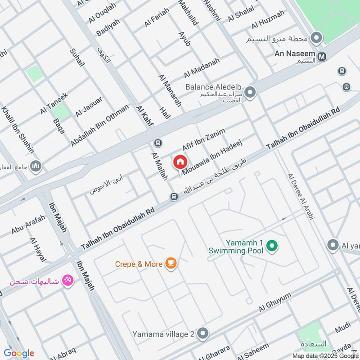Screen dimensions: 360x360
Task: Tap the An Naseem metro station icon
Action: click(322, 57)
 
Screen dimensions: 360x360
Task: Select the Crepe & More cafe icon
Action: click(171, 264)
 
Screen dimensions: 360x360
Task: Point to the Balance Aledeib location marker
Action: click(250, 93)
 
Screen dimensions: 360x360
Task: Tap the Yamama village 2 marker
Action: click(203, 334)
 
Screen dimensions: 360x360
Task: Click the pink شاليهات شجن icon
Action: click(67, 280)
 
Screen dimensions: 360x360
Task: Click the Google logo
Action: click(19, 353)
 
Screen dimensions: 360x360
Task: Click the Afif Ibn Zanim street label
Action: click(203, 139)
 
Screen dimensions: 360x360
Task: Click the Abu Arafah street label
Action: click(28, 224)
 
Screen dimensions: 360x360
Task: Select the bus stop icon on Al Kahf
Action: click(158, 143)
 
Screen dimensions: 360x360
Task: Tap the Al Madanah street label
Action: click(202, 68)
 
